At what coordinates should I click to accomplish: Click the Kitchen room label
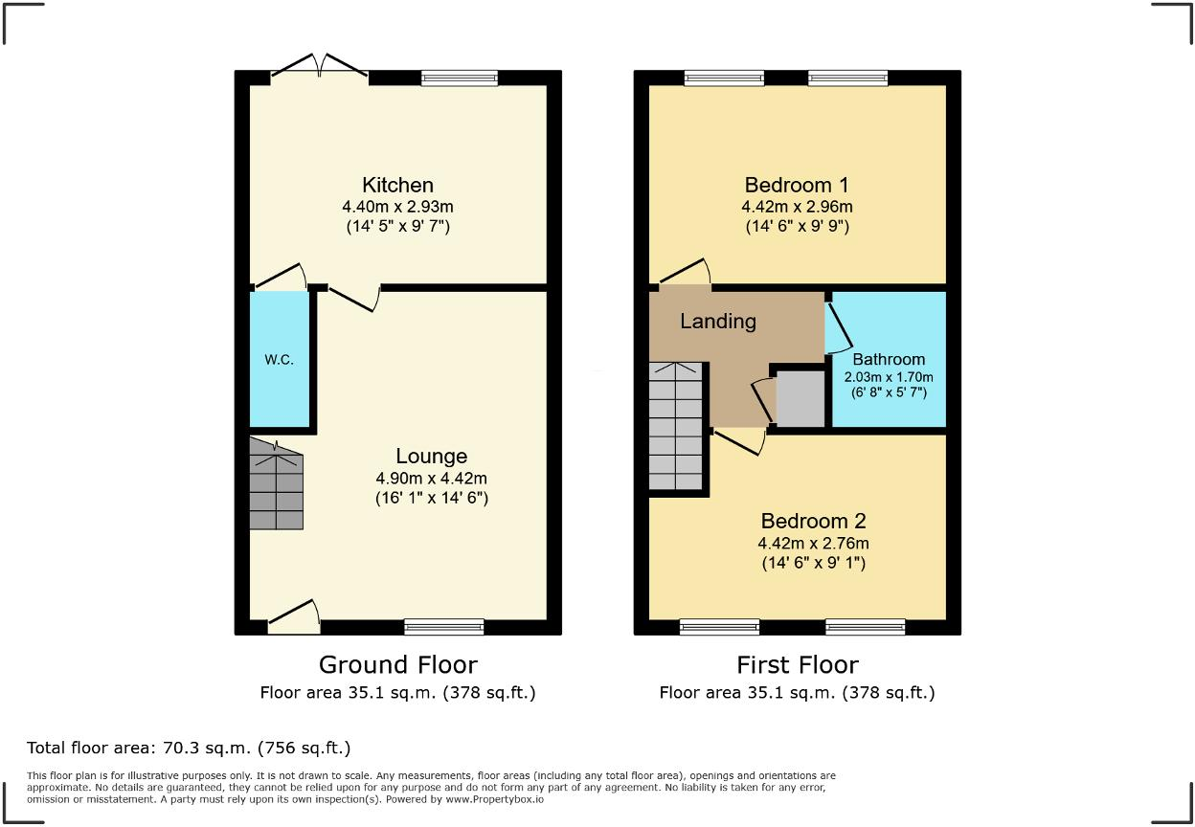[397, 185]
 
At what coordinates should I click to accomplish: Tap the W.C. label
[280, 360]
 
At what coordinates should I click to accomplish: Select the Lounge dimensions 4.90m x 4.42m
[431, 478]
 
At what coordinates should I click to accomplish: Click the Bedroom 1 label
[797, 185]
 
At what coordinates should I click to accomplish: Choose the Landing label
[718, 321]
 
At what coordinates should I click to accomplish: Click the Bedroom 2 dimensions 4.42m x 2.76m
[813, 543]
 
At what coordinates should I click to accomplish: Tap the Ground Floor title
[397, 664]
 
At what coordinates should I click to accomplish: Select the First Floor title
[797, 664]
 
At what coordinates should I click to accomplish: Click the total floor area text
[189, 748]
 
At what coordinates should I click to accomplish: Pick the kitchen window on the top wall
[460, 78]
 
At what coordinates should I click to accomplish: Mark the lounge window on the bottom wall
[443, 627]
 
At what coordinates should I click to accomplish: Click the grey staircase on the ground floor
[277, 485]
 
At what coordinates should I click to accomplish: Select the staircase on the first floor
[676, 426]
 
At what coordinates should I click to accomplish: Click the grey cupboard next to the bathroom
[800, 398]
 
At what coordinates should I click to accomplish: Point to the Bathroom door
[839, 325]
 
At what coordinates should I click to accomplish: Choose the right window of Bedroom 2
[865, 627]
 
